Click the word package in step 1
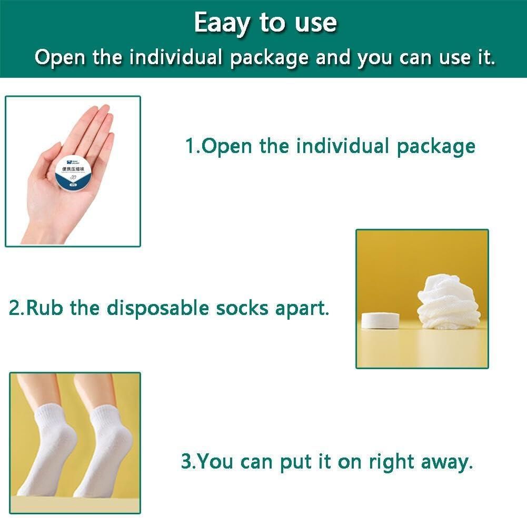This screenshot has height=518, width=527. tap(436, 147)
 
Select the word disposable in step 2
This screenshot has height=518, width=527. tap(157, 308)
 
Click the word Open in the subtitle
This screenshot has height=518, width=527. tap(60, 57)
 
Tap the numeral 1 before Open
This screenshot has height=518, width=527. tap(190, 146)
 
